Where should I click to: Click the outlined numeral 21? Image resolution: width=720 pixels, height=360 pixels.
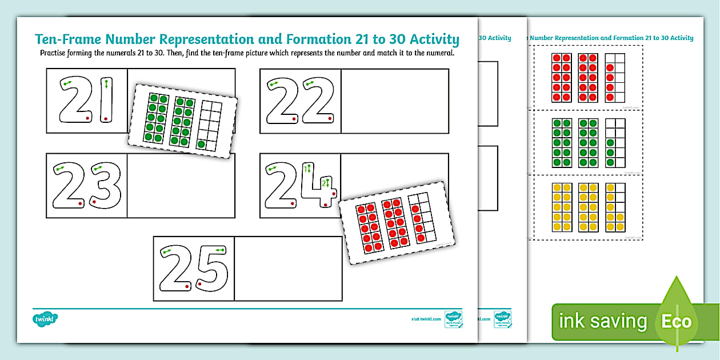86,101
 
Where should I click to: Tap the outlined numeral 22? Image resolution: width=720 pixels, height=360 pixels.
301,101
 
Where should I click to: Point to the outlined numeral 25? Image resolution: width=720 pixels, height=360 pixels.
193,269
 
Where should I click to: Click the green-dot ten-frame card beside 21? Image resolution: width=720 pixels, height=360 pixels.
182,121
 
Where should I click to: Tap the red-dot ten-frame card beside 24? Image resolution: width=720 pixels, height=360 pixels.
395,223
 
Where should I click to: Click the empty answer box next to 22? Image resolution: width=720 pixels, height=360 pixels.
394,101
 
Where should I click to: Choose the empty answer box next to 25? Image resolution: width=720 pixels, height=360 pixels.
288,269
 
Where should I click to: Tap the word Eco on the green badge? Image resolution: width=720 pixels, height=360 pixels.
677,321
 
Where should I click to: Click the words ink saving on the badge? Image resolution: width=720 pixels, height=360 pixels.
603,321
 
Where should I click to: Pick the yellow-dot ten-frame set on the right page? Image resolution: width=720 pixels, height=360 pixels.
588,207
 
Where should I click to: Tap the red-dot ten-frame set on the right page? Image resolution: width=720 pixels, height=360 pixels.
588,78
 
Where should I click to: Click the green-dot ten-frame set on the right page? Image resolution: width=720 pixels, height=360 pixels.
588,143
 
